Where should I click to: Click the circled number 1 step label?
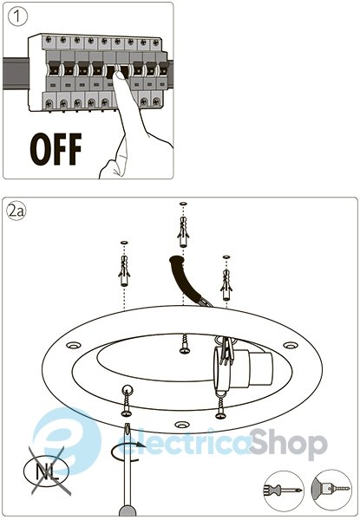pos(17,16)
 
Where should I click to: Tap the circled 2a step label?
pos(16,211)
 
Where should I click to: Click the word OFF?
pos(56,149)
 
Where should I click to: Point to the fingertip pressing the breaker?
pos(119,77)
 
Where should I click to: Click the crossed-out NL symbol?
pos(47,471)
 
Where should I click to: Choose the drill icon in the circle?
pos(331,490)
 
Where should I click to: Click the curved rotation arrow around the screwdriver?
pos(127,451)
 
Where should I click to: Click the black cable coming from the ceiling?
pos(187,278)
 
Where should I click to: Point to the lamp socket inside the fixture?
pos(244,367)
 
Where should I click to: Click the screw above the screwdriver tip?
pos(127,403)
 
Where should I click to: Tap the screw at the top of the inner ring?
pos(185,344)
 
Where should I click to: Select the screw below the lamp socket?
pos(220,408)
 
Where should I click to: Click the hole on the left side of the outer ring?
pos(74,345)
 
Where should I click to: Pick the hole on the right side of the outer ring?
pos(291,345)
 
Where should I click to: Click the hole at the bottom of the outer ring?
pos(181,425)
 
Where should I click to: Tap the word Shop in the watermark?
pos(288,444)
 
